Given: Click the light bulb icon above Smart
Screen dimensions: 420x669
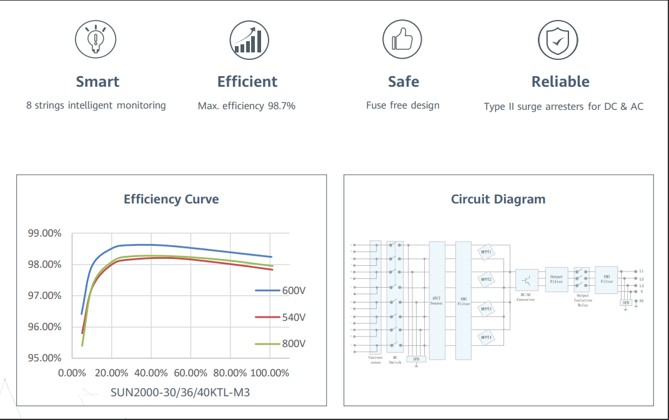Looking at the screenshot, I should point(96,39).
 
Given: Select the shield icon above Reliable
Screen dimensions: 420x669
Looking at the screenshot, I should point(558,39).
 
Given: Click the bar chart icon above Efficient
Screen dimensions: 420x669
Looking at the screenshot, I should point(249,39).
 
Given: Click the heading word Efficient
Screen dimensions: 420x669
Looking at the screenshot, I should point(247,82).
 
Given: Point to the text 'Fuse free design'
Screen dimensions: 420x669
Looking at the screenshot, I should point(403,105).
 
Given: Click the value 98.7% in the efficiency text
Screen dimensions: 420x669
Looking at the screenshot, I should point(282,106).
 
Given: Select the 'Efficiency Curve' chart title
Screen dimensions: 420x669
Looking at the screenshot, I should point(171,200).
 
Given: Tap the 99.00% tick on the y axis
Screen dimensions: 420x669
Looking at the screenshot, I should point(44,233).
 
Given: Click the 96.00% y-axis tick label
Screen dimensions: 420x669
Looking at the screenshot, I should point(44,326).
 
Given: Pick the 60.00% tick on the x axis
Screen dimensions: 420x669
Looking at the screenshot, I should point(191,373).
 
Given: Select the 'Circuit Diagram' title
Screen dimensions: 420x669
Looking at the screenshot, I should point(498,200).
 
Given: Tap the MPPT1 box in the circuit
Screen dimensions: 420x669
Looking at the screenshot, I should point(485,252).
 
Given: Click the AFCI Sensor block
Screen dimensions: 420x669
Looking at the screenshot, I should point(437,300).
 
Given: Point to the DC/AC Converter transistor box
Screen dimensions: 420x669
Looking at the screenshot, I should point(527,280).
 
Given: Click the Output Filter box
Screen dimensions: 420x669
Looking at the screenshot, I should point(556,279).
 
